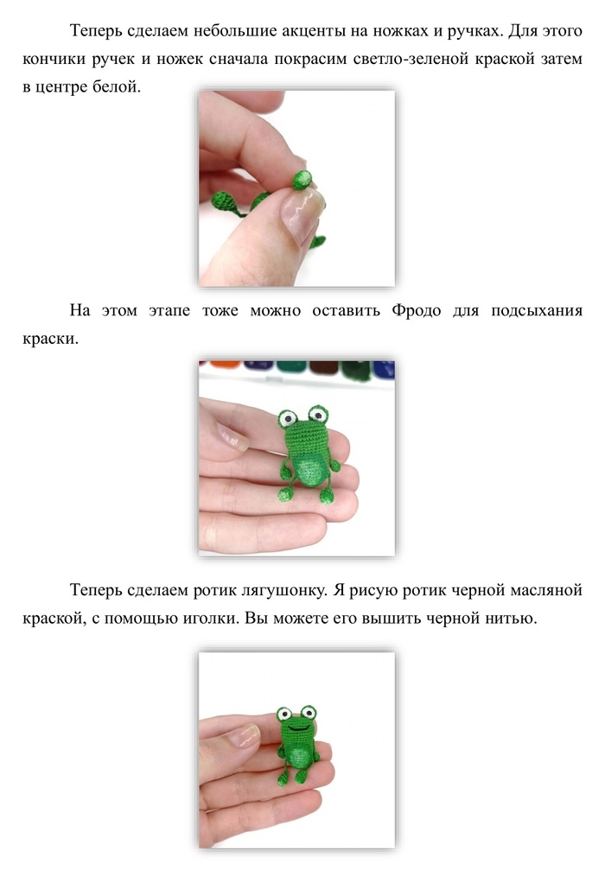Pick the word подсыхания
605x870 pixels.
click(x=536, y=311)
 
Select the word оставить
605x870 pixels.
click(x=346, y=310)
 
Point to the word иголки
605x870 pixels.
click(x=208, y=618)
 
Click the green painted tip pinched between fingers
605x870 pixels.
click(x=302, y=179)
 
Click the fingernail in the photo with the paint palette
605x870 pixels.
click(x=232, y=436)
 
